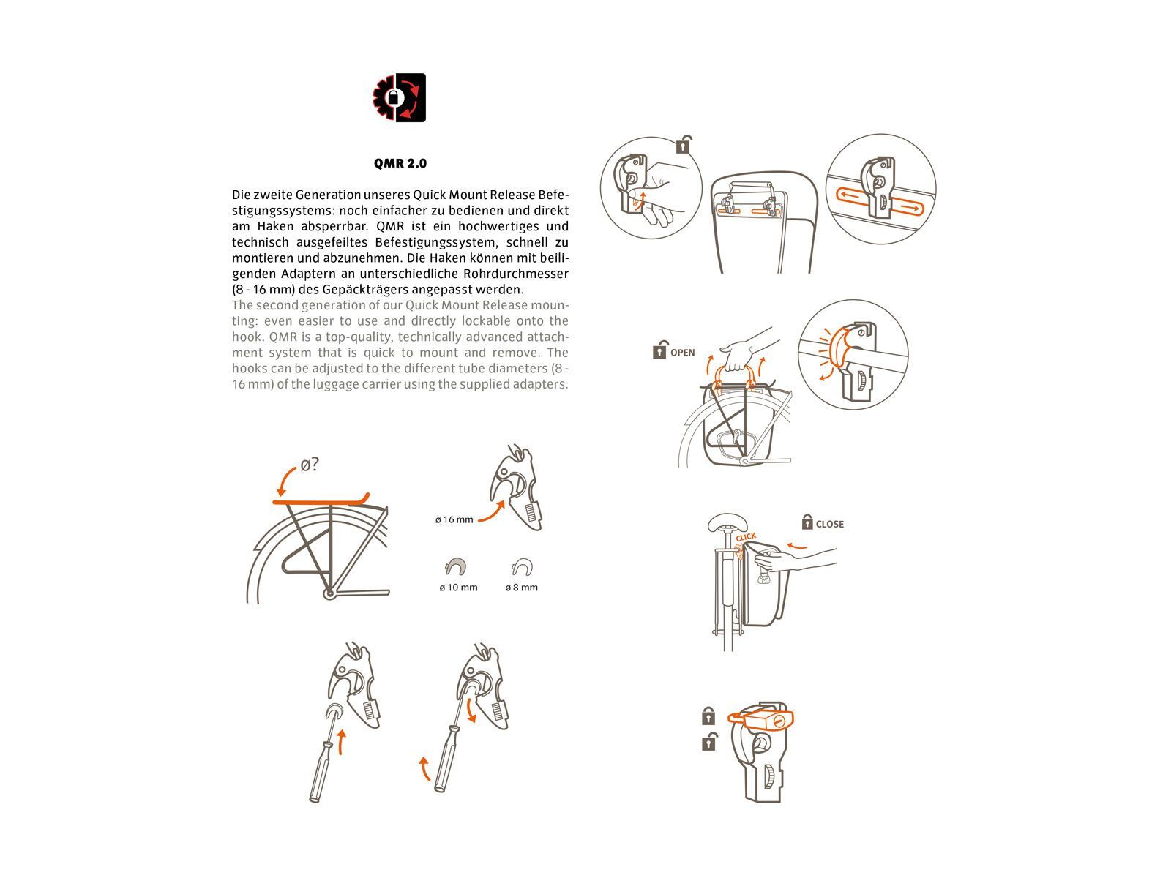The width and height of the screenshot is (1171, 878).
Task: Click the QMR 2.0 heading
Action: (x=400, y=163)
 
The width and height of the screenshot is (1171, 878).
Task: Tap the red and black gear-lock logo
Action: (x=399, y=97)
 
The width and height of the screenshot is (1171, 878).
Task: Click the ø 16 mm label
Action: (x=454, y=520)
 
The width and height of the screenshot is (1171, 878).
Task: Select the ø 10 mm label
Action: (x=458, y=588)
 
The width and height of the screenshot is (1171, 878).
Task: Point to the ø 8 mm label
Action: (x=521, y=588)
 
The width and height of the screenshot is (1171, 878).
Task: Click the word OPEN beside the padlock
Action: (x=682, y=353)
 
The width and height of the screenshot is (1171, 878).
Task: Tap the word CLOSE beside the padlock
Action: (x=829, y=524)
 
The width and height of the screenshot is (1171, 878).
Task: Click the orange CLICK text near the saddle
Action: (x=746, y=538)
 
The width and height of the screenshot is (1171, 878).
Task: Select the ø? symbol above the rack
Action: (x=310, y=465)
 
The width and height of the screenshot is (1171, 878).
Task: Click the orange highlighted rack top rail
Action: (x=321, y=500)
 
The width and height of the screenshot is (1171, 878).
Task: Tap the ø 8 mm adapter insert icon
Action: (x=522, y=566)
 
